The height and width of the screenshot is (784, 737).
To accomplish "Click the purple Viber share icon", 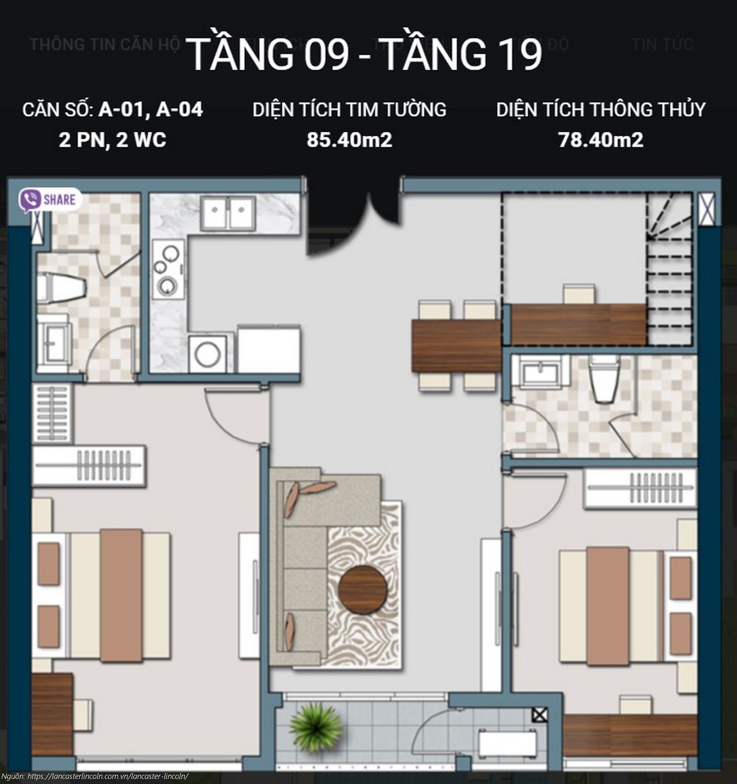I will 30,200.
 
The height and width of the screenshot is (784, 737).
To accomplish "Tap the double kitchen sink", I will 228,212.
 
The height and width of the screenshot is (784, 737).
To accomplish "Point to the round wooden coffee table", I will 363,589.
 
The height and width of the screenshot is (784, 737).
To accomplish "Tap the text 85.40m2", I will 349,140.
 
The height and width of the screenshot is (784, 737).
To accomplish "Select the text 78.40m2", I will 600,140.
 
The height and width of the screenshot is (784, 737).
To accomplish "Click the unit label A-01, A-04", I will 151,110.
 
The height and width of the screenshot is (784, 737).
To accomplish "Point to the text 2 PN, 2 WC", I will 112,140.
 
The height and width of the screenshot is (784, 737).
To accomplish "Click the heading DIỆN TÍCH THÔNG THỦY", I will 601,110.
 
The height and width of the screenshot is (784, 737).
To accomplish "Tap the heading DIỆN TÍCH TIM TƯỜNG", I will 349,110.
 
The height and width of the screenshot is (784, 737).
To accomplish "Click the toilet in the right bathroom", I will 605,379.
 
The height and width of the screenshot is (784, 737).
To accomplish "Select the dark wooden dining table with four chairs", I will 456,346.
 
